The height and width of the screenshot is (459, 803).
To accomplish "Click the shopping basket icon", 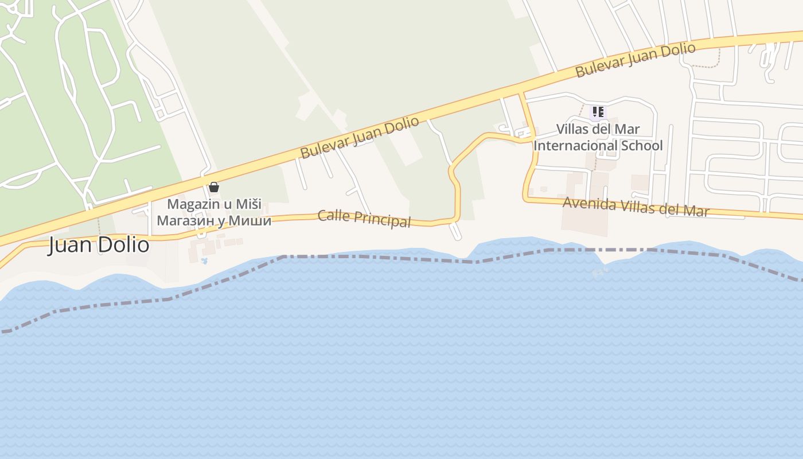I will [x=214, y=187].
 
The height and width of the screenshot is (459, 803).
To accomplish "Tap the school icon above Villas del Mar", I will [x=598, y=112].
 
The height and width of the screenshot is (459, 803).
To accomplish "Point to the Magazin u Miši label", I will [x=214, y=204].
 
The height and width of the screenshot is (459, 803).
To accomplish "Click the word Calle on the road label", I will [x=334, y=216].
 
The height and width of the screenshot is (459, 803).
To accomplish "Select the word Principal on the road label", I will [x=383, y=220].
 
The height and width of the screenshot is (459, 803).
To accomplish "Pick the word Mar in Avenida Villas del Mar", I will [x=695, y=211].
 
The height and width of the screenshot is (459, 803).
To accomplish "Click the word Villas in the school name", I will [x=575, y=129].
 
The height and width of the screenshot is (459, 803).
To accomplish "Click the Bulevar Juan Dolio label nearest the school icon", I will [x=636, y=60].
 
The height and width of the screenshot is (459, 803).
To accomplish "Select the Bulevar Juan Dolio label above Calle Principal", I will [x=360, y=138].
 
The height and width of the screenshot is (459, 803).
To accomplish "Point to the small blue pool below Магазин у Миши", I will [x=204, y=261].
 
